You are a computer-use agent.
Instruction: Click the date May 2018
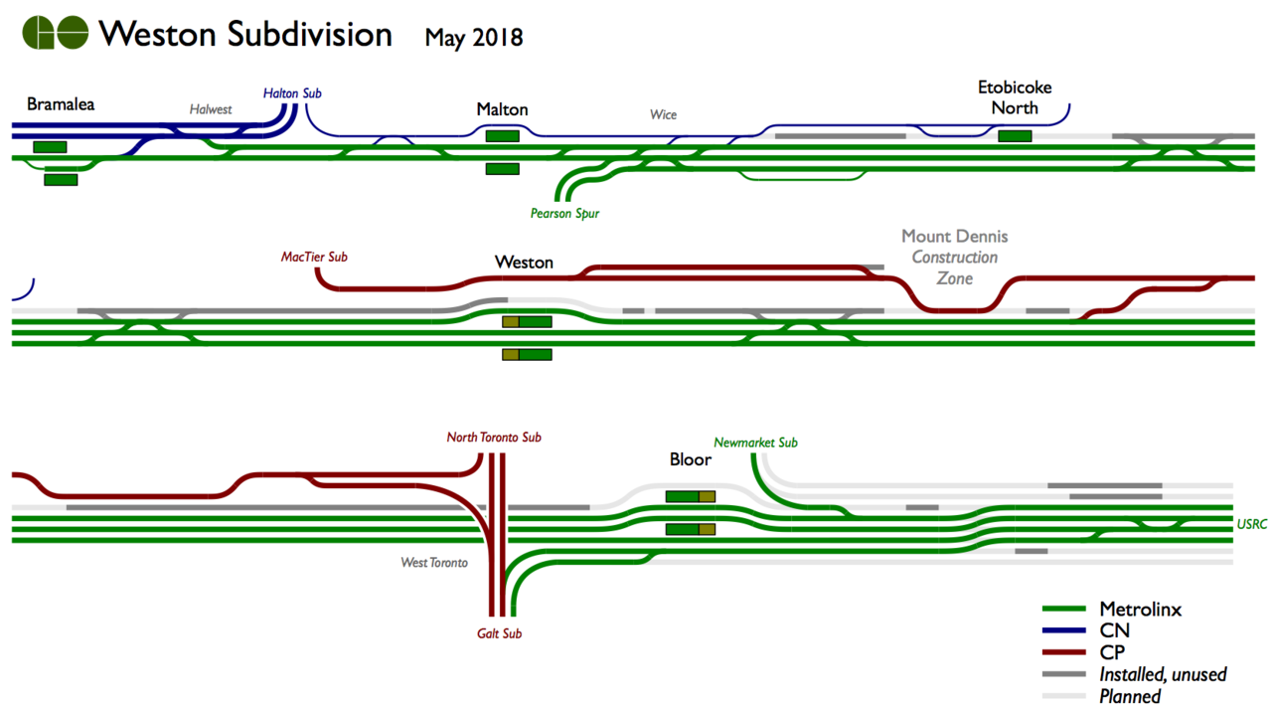473,38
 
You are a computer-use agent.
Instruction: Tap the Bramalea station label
61,103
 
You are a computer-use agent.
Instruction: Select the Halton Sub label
292,93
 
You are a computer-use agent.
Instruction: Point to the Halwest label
211,109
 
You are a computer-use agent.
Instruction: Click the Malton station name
502,109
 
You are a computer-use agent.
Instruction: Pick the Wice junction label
663,114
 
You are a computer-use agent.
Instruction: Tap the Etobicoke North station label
1015,97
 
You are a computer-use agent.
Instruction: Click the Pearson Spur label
564,213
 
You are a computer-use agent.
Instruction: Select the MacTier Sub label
314,257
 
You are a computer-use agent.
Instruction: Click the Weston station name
524,263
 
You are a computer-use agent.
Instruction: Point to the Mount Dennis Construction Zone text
954,257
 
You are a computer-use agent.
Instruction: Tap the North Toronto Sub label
494,438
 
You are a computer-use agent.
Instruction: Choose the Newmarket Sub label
755,443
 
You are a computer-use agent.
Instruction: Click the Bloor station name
690,459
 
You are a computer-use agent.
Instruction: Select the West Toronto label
434,563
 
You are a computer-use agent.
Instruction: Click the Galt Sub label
498,633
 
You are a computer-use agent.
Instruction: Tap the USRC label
1252,524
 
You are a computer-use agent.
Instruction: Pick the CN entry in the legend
1114,630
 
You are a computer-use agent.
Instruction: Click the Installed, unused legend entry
1163,674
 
